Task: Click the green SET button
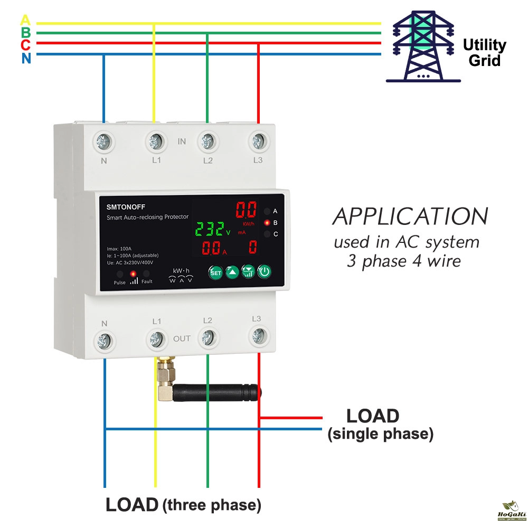[x=215, y=272]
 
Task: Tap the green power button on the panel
[x=265, y=272]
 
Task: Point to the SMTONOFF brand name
[x=125, y=206]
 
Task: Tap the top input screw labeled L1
[x=155, y=141]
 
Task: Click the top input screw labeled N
[x=103, y=142]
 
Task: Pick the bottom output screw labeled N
[x=104, y=338]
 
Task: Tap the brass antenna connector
[x=165, y=379]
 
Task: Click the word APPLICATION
[x=410, y=216]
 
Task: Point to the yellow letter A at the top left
[x=25, y=21]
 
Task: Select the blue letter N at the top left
[x=26, y=59]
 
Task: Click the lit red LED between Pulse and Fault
[x=133, y=274]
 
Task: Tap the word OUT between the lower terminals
[x=182, y=338]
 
